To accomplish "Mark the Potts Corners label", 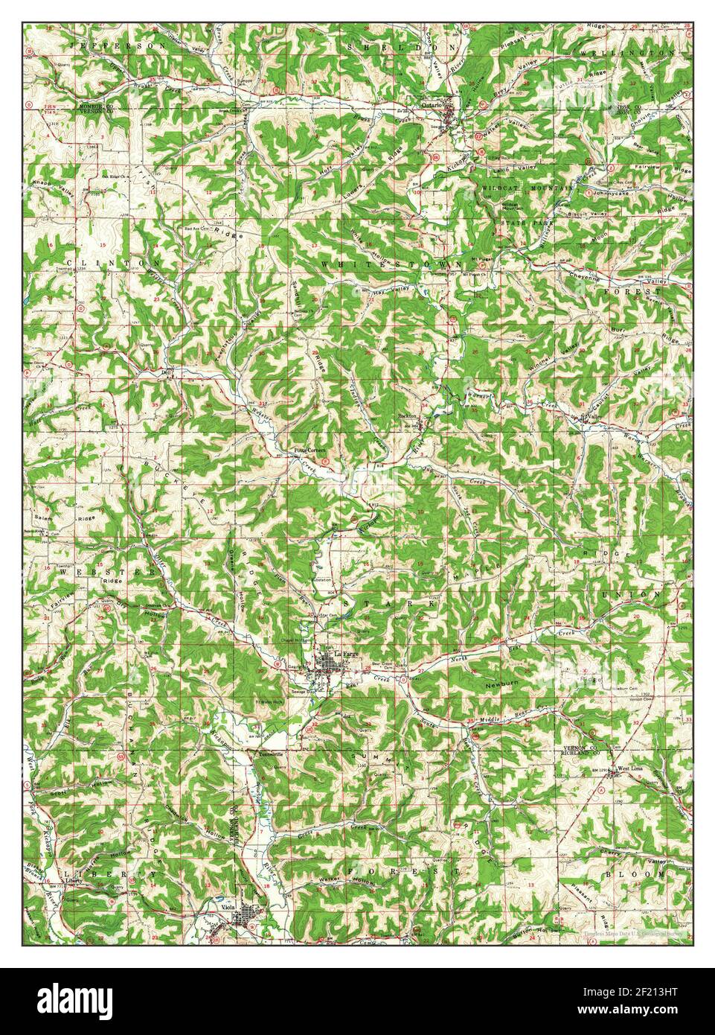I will [306, 450].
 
